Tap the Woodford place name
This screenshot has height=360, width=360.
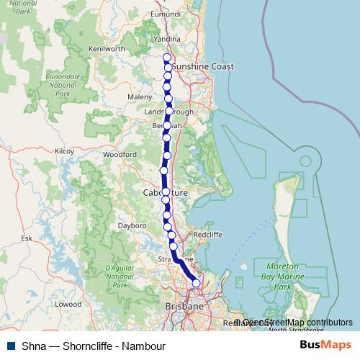tap(120, 154)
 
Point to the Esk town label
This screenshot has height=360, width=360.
tap(27, 237)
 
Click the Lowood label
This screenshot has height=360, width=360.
tap(68, 304)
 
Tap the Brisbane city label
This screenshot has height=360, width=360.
tap(184, 307)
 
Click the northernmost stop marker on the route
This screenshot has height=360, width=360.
tap(167, 58)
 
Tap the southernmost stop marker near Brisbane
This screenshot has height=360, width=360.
tap(196, 284)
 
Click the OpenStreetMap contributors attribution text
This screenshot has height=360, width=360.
tap(293, 323)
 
